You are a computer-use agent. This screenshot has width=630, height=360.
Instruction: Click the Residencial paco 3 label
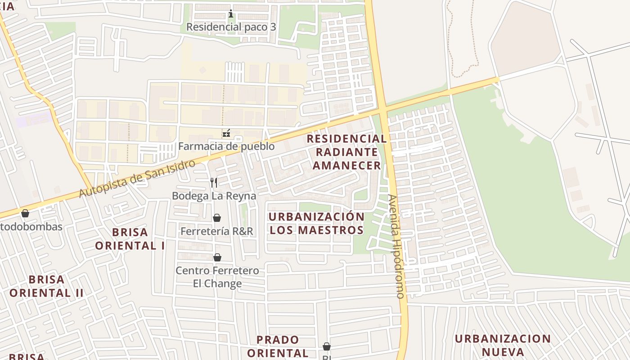click(231, 27)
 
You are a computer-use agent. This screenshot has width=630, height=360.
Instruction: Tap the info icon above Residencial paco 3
click(231, 14)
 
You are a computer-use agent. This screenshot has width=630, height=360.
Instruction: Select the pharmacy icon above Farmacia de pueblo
click(226, 133)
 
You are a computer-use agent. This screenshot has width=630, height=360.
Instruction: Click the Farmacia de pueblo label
click(226, 146)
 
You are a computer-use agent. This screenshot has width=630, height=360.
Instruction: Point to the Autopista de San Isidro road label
click(137, 178)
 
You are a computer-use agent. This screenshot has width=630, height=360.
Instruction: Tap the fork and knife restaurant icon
click(214, 182)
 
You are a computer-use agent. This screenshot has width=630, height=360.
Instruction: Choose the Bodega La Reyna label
click(214, 196)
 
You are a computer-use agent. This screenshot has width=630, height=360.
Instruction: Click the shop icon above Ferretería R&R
click(217, 218)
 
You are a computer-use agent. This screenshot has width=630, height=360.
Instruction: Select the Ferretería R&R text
click(217, 231)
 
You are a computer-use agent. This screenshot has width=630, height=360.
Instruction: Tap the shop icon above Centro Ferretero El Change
click(217, 257)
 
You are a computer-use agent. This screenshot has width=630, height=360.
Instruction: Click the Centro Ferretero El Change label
click(217, 277)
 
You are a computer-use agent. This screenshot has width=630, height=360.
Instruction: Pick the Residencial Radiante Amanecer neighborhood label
click(346, 152)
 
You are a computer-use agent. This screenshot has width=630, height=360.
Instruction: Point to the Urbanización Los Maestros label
click(316, 223)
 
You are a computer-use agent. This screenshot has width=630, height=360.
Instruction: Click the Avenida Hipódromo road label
click(396, 246)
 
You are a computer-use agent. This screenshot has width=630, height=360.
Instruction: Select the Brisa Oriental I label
click(130, 239)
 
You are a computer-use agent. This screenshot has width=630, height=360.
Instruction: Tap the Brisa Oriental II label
click(46, 286)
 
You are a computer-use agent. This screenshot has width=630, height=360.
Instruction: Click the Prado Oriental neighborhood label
click(278, 346)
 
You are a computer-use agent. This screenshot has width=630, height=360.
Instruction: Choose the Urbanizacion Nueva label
click(502, 345)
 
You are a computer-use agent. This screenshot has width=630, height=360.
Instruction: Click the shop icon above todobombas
click(25, 213)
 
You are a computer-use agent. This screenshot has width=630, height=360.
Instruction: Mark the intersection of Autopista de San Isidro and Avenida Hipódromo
click(383, 110)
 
